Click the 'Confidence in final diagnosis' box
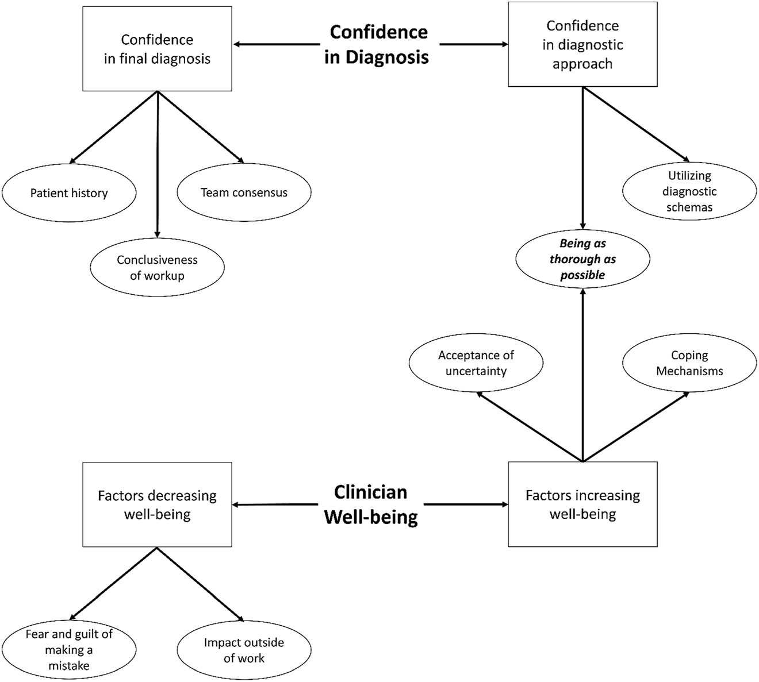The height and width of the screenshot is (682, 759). tap(157, 49)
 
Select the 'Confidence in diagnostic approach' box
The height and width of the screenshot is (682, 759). tap(582, 44)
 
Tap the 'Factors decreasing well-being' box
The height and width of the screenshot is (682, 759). tap(157, 504)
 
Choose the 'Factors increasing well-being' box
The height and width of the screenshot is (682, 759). tap(582, 504)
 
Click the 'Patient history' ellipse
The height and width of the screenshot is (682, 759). tap(69, 193)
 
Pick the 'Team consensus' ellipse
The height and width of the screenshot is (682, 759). tap(244, 192)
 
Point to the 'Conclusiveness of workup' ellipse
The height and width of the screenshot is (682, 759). tap(157, 268)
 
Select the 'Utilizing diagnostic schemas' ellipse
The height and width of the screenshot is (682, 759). tap(689, 191)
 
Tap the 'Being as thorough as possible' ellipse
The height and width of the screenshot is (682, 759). tap(582, 259)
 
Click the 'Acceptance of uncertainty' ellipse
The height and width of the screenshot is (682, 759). tap(476, 363)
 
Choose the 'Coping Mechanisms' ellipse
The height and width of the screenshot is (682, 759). tap(689, 363)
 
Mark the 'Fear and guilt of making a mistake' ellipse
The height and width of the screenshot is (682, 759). tap(69, 650)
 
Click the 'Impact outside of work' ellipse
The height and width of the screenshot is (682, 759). tap(244, 650)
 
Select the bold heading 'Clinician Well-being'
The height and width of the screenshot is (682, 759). tap(371, 504)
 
